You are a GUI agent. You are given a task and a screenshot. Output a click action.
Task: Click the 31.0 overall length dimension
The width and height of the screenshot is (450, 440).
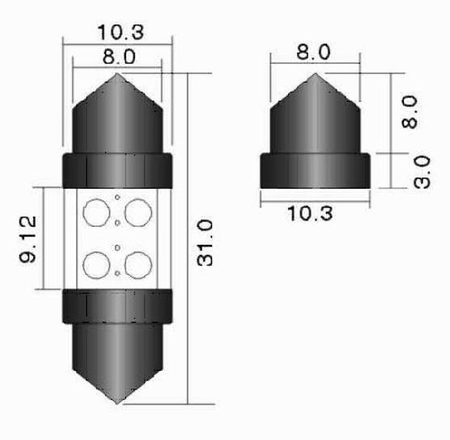(x=206, y=243)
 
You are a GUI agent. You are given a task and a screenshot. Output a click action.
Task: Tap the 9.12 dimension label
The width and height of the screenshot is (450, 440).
(x=28, y=239)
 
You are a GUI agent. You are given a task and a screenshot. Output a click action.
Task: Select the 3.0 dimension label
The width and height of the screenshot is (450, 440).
(x=422, y=172)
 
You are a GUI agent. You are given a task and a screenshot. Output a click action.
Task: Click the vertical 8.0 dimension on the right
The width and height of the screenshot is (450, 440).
(x=410, y=112)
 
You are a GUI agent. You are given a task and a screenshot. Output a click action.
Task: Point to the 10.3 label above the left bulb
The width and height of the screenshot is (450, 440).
(x=121, y=32)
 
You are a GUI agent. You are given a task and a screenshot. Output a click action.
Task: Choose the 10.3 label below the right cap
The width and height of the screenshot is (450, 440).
(x=310, y=214)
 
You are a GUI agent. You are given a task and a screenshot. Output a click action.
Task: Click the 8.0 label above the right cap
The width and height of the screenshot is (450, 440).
(x=313, y=52)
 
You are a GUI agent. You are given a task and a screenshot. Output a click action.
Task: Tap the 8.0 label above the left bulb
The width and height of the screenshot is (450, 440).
(x=119, y=57)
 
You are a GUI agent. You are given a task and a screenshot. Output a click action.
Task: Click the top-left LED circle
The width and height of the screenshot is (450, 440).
(x=96, y=212)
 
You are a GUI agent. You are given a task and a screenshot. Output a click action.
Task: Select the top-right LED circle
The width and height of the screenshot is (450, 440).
(x=138, y=212)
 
